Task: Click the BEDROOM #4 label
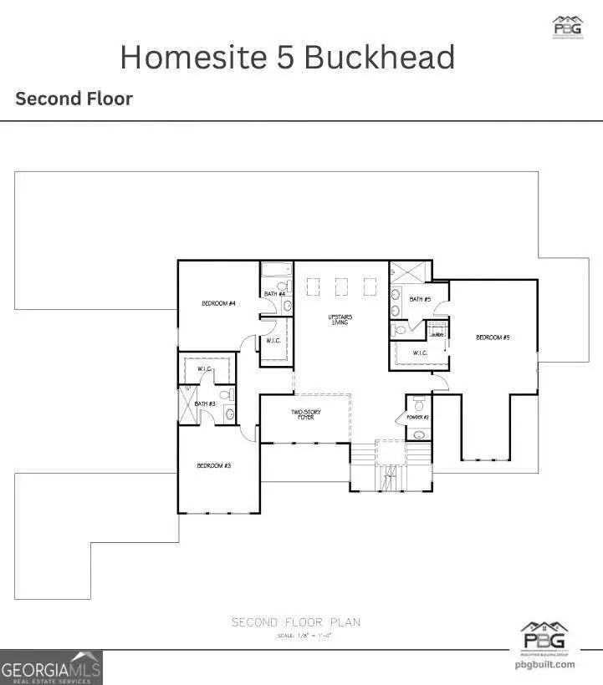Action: click(x=217, y=303)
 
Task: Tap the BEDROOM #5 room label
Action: click(x=493, y=337)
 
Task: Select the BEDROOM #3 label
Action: click(x=213, y=465)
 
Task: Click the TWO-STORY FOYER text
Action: click(x=306, y=415)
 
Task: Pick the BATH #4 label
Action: click(x=275, y=294)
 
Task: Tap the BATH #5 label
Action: click(x=420, y=299)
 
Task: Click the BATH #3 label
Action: click(x=205, y=404)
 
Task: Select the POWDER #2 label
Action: click(x=418, y=417)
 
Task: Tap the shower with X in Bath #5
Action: click(x=409, y=272)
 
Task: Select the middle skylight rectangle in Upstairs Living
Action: click(x=342, y=287)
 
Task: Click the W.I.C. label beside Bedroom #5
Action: click(x=419, y=353)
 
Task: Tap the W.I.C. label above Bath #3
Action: click(x=206, y=368)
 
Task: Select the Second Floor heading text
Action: click(x=74, y=99)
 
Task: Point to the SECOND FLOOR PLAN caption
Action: click(x=296, y=622)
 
